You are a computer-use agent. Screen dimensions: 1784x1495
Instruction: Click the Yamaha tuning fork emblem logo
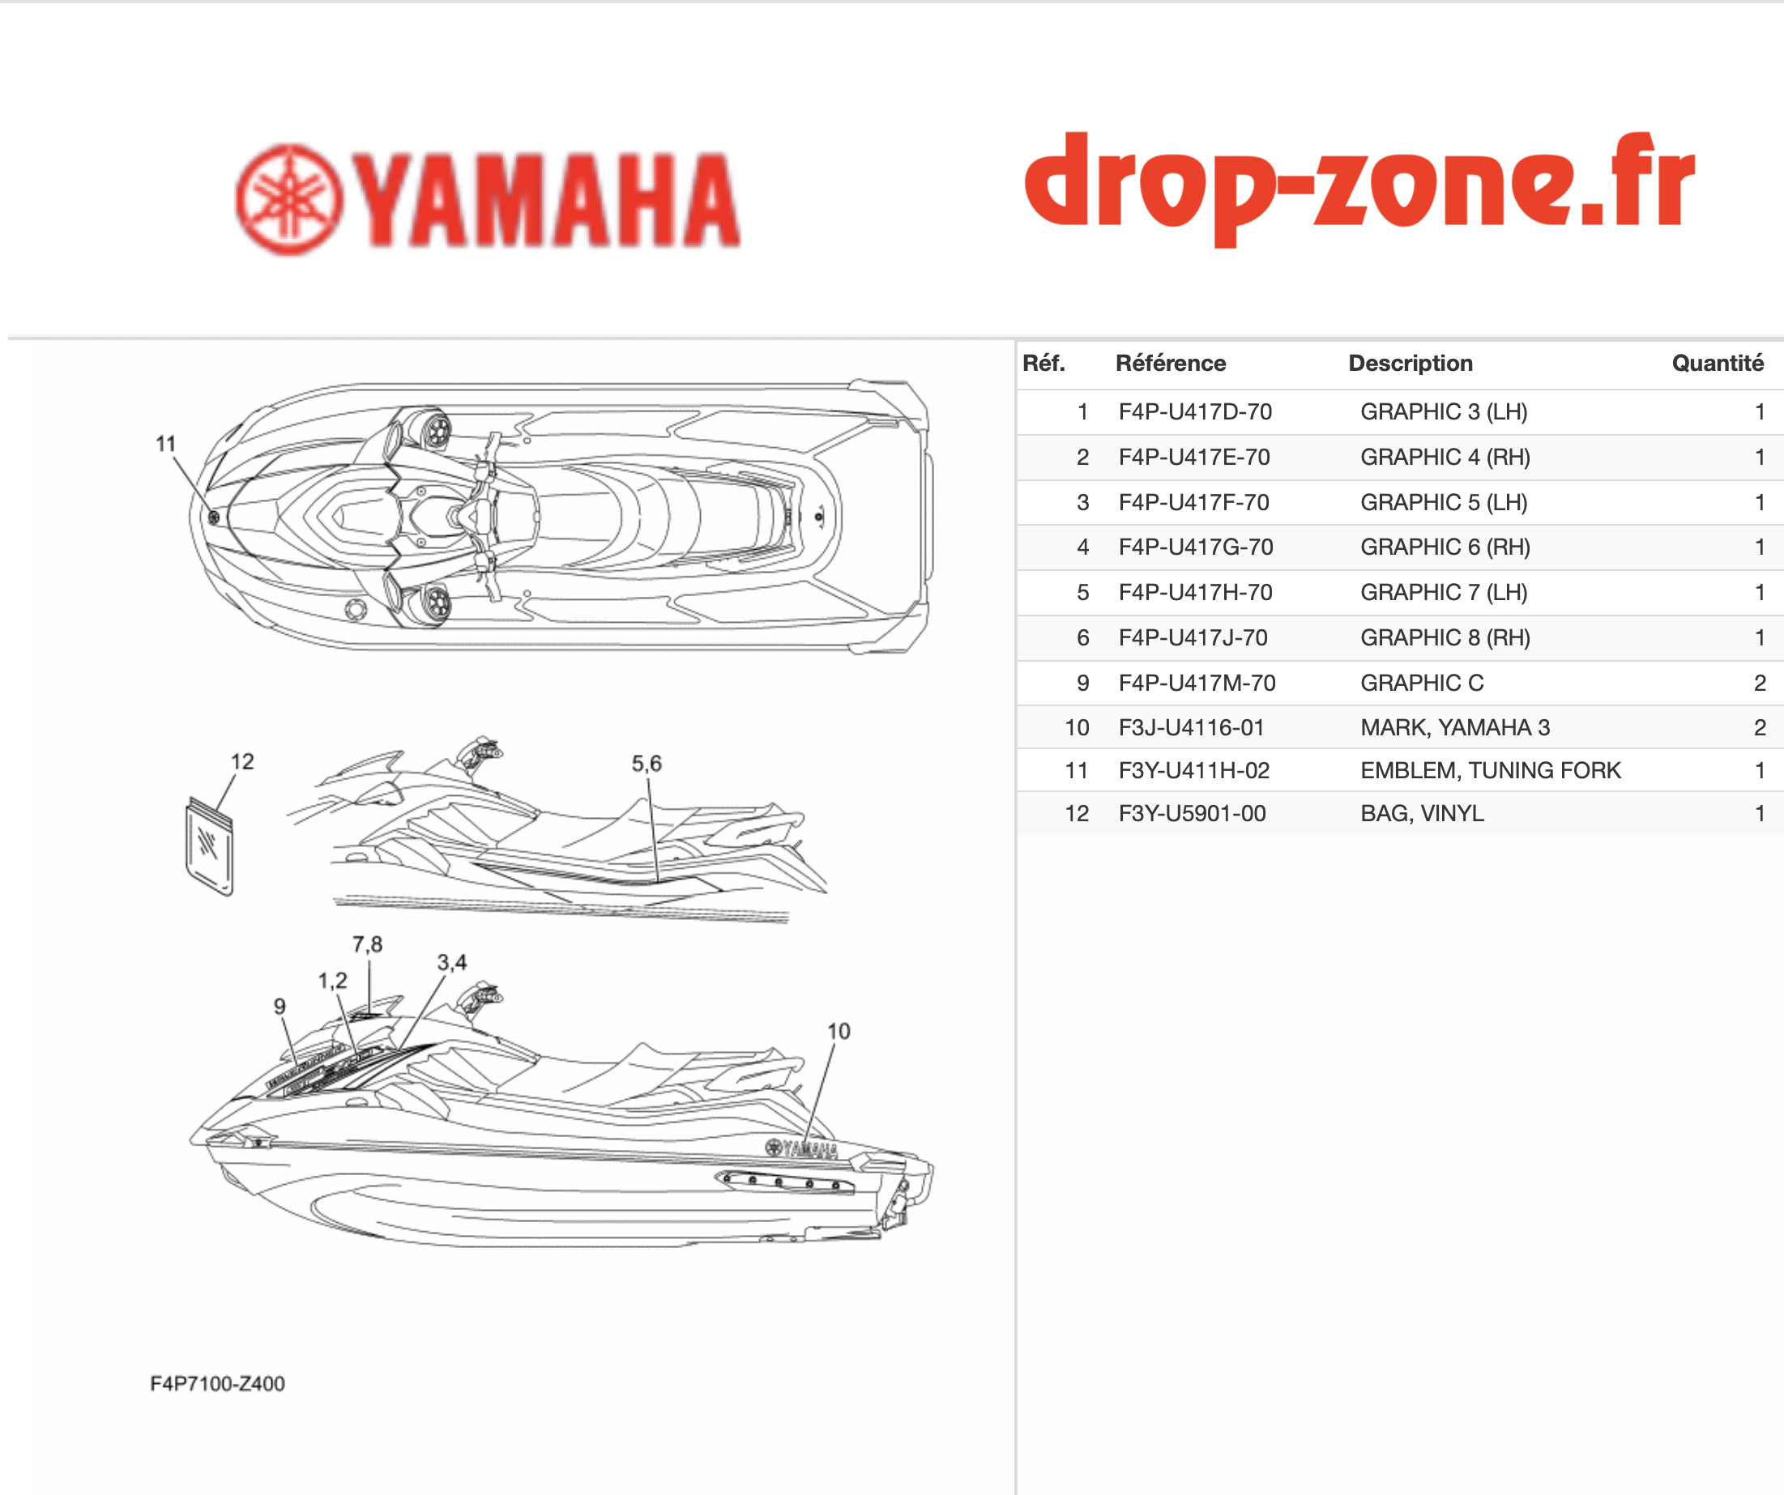pyautogui.click(x=290, y=199)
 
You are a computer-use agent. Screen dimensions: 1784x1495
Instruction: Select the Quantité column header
pyautogui.click(x=1718, y=364)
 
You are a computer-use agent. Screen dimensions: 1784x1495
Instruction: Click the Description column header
pyautogui.click(x=1411, y=364)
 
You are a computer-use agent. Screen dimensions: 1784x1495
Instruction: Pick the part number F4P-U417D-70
pyautogui.click(x=1195, y=412)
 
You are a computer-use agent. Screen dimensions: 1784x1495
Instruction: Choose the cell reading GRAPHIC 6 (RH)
pyautogui.click(x=1445, y=547)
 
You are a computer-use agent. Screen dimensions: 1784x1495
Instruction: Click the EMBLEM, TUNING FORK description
pyautogui.click(x=1491, y=770)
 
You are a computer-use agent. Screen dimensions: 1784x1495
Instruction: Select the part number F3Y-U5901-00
pyautogui.click(x=1192, y=814)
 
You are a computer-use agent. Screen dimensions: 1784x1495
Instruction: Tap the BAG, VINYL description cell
pyautogui.click(x=1422, y=814)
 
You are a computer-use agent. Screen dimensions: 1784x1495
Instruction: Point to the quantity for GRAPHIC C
pyautogui.click(x=1761, y=683)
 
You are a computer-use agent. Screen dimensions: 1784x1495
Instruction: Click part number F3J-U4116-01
pyautogui.click(x=1191, y=728)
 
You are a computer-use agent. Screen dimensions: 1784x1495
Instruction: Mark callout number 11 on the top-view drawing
pyautogui.click(x=165, y=444)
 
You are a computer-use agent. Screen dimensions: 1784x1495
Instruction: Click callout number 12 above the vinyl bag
pyautogui.click(x=242, y=761)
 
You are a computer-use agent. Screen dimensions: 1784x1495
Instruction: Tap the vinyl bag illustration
pyautogui.click(x=209, y=846)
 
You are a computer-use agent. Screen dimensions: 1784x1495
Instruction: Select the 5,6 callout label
pyautogui.click(x=647, y=764)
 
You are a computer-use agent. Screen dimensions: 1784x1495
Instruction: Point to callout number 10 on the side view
pyautogui.click(x=839, y=1031)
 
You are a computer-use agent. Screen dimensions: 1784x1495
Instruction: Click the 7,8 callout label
pyautogui.click(x=367, y=944)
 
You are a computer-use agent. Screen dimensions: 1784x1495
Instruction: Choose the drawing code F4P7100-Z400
pyautogui.click(x=217, y=1384)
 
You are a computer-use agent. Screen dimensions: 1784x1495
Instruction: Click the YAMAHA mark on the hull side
pyautogui.click(x=802, y=1148)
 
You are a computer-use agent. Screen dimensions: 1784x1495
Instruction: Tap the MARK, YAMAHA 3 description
pyautogui.click(x=1455, y=728)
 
